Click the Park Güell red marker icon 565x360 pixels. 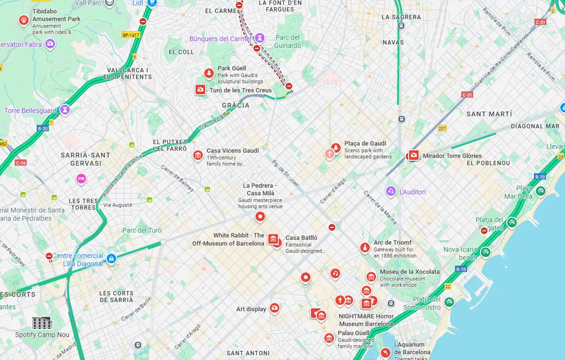pos(209,73)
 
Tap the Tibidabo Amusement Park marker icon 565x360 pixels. pos(23,20)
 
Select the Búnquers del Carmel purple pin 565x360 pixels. pos(259,38)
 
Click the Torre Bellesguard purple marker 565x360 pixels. pos(65,110)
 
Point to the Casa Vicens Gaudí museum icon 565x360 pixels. pos(198,155)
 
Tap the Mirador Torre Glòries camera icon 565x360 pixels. pos(413,155)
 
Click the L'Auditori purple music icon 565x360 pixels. pos(390,191)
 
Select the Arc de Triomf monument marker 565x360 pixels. pos(365,248)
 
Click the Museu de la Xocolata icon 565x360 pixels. pos(371,277)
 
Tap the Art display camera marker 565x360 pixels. pos(274,308)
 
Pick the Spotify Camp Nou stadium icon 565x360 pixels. pos(43,323)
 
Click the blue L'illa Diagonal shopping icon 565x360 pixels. pos(111,259)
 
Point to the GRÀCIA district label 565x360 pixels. pos(236,106)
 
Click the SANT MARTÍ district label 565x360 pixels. pos(489,114)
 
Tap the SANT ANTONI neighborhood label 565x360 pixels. pos(248,353)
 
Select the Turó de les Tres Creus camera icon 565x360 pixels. pos(200,90)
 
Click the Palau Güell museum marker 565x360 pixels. pos(329,338)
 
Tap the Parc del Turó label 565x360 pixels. pos(142,230)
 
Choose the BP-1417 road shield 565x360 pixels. pos(131,35)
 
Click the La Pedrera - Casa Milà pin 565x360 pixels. pos(260,217)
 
